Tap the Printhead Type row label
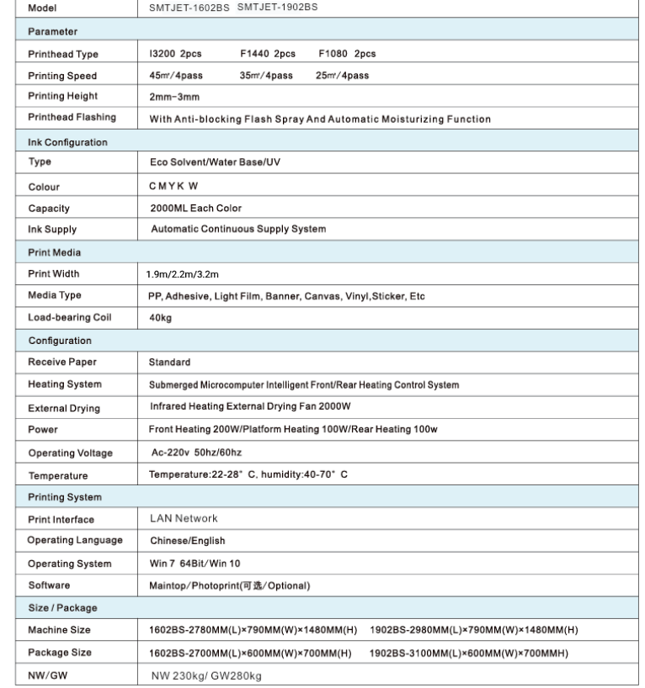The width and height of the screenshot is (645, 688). click(x=63, y=54)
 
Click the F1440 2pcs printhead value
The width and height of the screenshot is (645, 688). click(x=267, y=54)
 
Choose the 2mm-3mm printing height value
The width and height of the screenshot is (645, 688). click(x=174, y=97)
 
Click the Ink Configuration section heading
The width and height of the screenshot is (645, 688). click(x=68, y=142)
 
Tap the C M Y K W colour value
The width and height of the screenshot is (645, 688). click(x=174, y=187)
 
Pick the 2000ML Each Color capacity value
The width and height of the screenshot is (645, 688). click(x=195, y=208)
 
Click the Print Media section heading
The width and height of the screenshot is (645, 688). click(x=55, y=251)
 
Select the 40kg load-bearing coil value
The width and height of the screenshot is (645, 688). click(x=160, y=318)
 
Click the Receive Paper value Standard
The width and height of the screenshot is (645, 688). click(x=169, y=363)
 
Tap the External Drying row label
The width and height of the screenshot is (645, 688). click(x=64, y=408)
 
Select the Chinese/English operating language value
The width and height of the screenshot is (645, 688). click(x=188, y=541)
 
